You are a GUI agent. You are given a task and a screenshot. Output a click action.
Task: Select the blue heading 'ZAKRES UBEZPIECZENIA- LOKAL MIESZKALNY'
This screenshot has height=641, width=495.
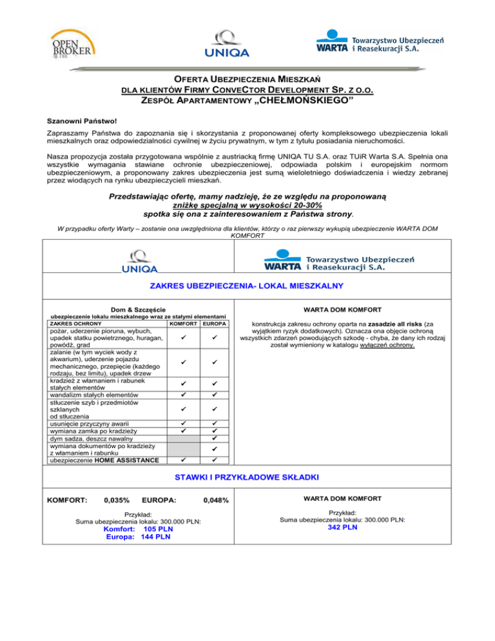(247, 285)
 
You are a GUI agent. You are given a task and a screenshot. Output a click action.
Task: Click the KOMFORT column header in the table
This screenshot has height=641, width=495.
(183, 323)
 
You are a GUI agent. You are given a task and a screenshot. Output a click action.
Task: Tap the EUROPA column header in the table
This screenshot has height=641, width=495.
(215, 323)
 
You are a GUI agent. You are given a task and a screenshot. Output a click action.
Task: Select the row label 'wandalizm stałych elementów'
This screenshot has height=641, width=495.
(94, 395)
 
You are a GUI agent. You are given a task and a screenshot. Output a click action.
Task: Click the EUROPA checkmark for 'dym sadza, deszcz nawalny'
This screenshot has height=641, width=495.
(215, 439)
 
